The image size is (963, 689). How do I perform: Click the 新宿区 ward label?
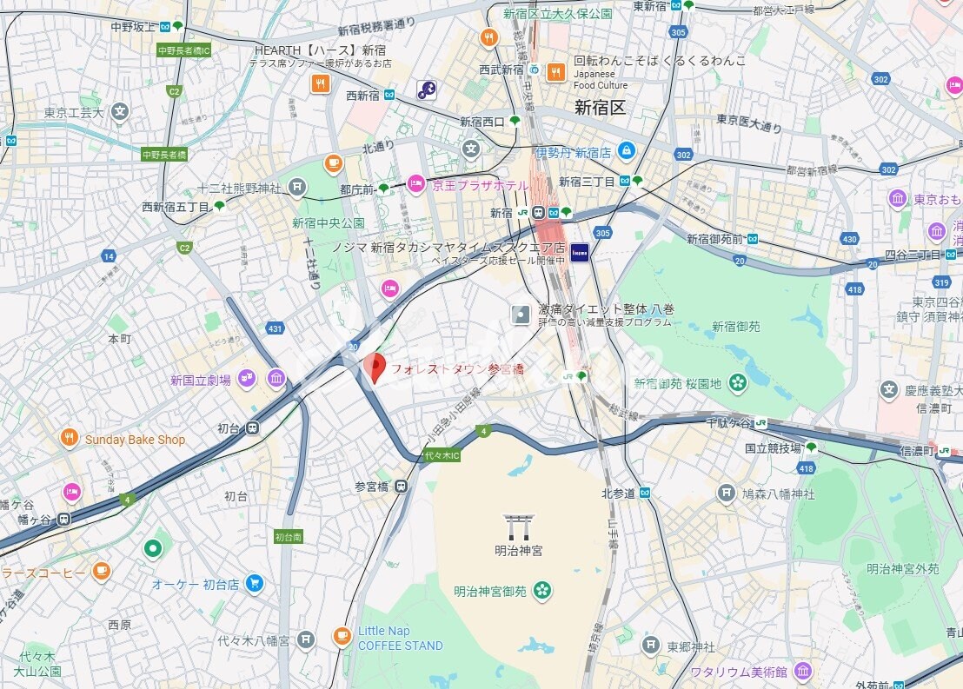[600, 107]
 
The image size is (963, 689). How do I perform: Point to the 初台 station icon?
[252, 427]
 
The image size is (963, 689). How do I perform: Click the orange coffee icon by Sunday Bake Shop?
[69, 439]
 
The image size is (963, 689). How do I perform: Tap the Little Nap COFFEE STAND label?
[400, 639]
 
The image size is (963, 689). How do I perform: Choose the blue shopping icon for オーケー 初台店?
[254, 584]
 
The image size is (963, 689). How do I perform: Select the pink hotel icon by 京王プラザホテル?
[415, 184]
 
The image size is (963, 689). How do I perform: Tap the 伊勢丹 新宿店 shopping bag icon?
[626, 151]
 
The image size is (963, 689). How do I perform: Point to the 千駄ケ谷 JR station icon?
[760, 422]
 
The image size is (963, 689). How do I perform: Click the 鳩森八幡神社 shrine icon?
[727, 493]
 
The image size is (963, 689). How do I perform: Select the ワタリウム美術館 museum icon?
[802, 671]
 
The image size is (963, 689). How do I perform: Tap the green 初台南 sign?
[288, 536]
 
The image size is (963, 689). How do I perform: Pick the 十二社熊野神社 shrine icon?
[297, 186]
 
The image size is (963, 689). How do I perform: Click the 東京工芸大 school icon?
[120, 111]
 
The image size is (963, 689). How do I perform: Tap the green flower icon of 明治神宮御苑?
[542, 591]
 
